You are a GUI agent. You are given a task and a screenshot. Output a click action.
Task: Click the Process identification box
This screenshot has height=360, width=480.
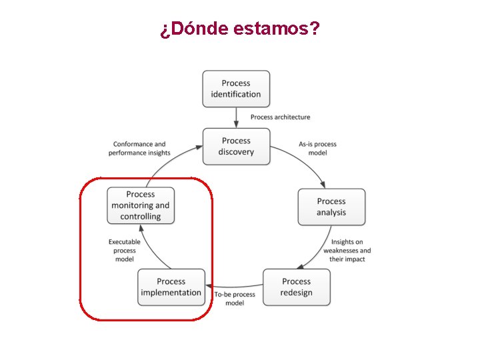click(x=236, y=89)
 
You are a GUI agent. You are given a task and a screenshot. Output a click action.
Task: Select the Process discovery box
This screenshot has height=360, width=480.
click(x=236, y=147)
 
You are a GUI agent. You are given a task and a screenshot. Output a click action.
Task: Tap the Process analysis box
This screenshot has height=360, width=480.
click(x=331, y=207)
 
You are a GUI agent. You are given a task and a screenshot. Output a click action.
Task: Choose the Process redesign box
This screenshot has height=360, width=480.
click(x=296, y=287)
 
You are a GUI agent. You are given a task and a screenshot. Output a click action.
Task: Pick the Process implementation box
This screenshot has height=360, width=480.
click(x=171, y=287)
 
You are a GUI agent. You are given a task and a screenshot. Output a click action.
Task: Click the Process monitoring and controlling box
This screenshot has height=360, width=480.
click(x=141, y=205)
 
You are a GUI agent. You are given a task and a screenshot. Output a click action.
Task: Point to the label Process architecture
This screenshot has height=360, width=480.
click(x=280, y=117)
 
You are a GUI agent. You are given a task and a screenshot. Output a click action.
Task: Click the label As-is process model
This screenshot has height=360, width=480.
click(x=317, y=148)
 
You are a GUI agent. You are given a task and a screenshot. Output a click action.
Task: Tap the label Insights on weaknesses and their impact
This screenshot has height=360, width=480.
click(x=347, y=250)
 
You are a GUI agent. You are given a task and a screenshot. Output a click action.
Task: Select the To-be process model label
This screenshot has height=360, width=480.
click(x=235, y=299)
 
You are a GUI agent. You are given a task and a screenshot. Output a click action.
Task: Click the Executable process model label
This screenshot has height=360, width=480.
click(x=125, y=250)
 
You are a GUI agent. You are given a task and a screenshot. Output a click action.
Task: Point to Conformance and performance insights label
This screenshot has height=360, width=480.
click(x=139, y=148)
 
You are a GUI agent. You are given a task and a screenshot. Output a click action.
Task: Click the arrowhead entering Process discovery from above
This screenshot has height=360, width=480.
click(x=236, y=125)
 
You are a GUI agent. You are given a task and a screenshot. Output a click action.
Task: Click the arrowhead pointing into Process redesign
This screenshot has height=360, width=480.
click(x=300, y=266)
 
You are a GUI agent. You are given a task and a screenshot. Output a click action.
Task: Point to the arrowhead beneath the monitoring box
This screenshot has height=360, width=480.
click(x=141, y=229)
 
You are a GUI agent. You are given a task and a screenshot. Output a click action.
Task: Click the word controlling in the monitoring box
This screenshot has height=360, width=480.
click(x=141, y=217)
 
